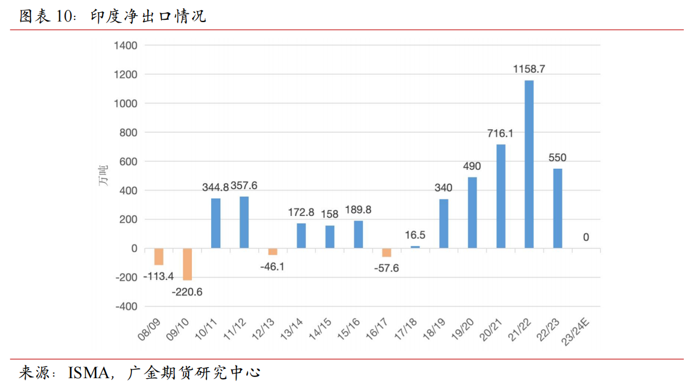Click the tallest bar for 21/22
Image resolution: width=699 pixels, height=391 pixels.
pyautogui.click(x=529, y=164)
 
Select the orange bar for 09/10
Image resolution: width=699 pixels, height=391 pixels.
pyautogui.click(x=187, y=264)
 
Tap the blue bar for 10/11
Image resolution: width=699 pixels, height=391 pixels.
pyautogui.click(x=216, y=223)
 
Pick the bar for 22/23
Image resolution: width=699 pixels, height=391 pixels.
pyautogui.click(x=558, y=208)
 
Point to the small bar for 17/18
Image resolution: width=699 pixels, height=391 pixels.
pyautogui.click(x=415, y=247)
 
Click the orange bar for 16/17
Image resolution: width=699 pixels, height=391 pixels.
pyautogui.click(x=387, y=253)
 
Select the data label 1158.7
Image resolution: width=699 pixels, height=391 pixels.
pyautogui.click(x=529, y=69)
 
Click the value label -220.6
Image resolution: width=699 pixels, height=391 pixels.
pyautogui.click(x=187, y=292)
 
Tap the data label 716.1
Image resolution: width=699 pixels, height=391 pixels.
pyautogui.click(x=500, y=133)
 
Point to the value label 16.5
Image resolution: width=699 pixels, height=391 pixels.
pyautogui.click(x=415, y=235)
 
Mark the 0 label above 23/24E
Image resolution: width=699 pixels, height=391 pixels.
pyautogui.click(x=586, y=237)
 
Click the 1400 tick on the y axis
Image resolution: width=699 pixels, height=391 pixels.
pyautogui.click(x=126, y=45)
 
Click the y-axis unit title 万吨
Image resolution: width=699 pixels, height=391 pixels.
pyautogui.click(x=103, y=176)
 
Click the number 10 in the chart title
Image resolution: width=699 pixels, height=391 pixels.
pyautogui.click(x=63, y=16)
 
